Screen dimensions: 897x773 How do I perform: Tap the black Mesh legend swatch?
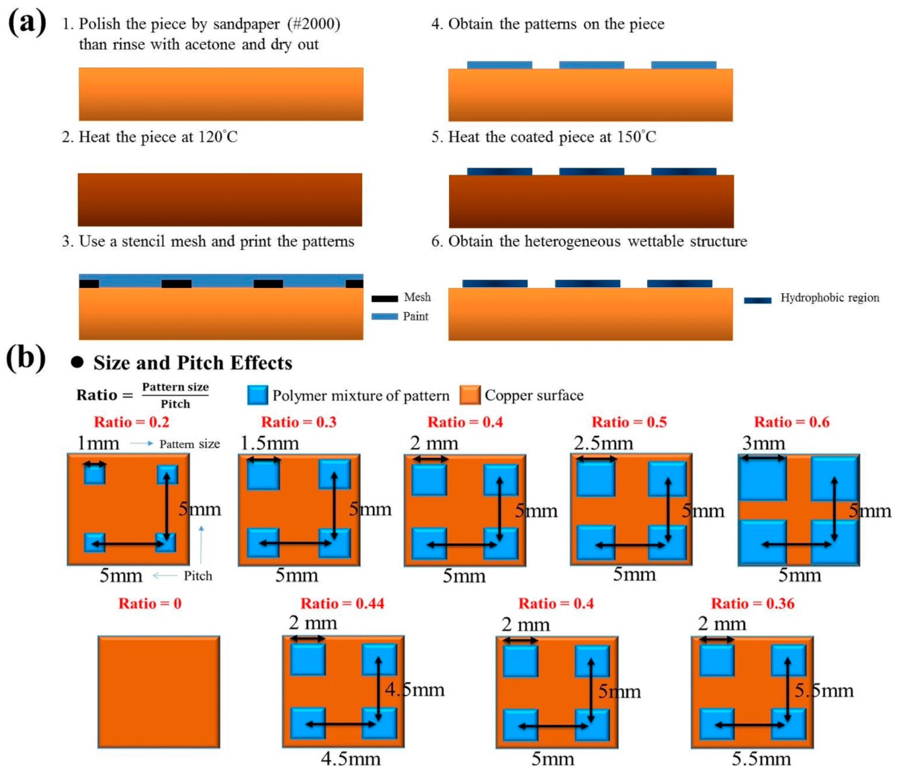pyautogui.click(x=384, y=298)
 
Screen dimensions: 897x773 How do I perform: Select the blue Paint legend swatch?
pyautogui.click(x=384, y=316)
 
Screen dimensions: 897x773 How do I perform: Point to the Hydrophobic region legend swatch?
pyautogui.click(x=758, y=300)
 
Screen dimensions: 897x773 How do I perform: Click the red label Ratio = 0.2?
pyautogui.click(x=131, y=422)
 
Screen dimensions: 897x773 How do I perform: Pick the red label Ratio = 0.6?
pyautogui.click(x=792, y=422)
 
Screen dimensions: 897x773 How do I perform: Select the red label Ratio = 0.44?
pyautogui.click(x=342, y=603)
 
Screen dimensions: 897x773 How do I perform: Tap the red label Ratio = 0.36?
pyautogui.click(x=753, y=603)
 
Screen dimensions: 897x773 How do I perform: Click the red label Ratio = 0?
pyautogui.click(x=150, y=603)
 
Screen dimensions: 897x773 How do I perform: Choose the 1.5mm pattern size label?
pyautogui.click(x=269, y=443)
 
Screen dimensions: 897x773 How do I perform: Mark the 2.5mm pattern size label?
pyautogui.click(x=604, y=443)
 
